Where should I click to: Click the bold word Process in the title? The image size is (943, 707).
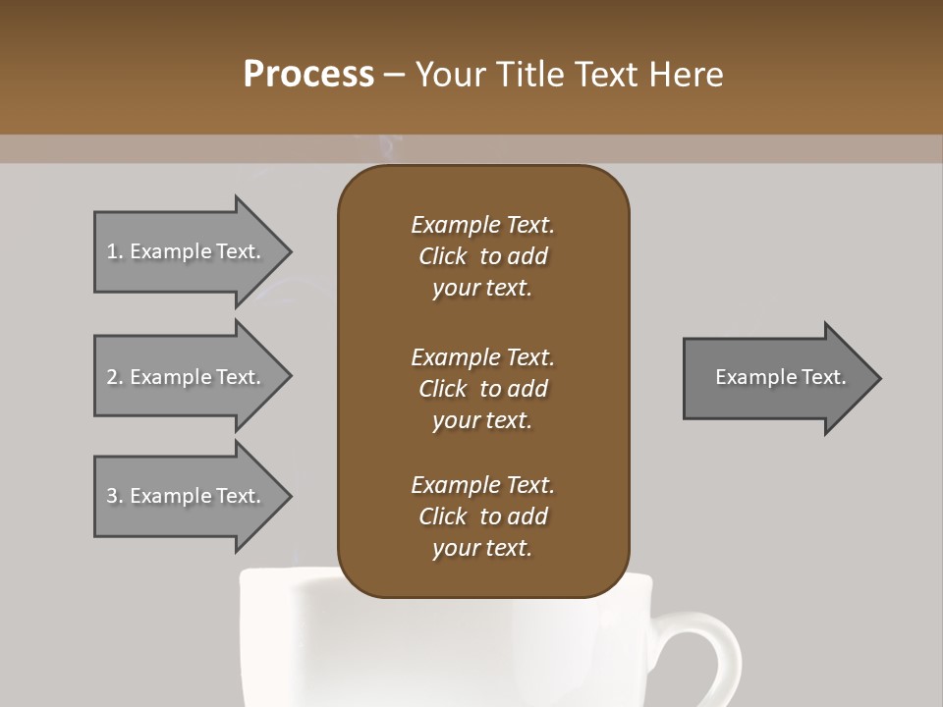(308, 75)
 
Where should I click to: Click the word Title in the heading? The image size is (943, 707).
(531, 75)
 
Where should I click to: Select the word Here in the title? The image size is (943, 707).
(687, 75)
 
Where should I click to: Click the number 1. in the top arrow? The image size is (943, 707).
(115, 251)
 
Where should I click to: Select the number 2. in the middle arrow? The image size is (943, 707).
(115, 377)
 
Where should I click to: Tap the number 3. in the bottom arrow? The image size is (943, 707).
(115, 496)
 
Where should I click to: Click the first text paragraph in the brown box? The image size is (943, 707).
(482, 256)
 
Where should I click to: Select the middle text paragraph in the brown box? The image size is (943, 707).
(482, 388)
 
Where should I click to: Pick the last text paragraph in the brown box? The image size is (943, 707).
(482, 517)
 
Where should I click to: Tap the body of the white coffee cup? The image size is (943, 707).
(442, 648)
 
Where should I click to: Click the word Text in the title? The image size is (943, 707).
(608, 75)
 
